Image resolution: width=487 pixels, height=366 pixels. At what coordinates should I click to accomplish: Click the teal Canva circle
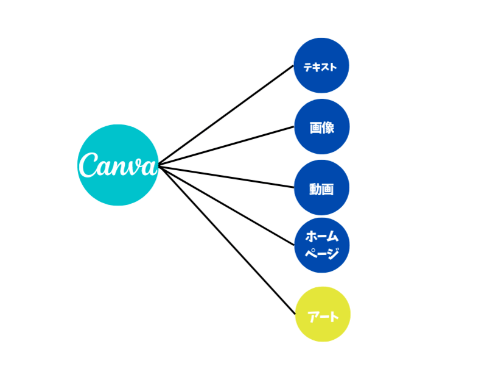(118, 183)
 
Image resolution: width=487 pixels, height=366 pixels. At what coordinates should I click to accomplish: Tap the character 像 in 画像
(328, 127)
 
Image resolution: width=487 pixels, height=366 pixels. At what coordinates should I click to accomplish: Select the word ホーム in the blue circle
(321, 236)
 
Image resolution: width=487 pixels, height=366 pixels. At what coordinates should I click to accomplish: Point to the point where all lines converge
(159, 165)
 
